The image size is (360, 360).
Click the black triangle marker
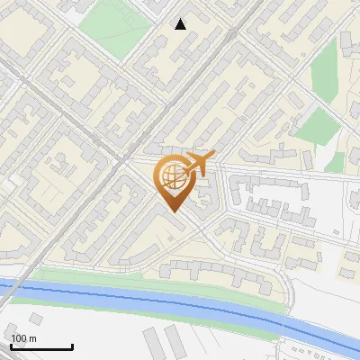(181, 24)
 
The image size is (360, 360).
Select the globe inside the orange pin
(174, 178)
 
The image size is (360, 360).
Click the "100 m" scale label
(24, 337)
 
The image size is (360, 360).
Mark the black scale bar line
(41, 346)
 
